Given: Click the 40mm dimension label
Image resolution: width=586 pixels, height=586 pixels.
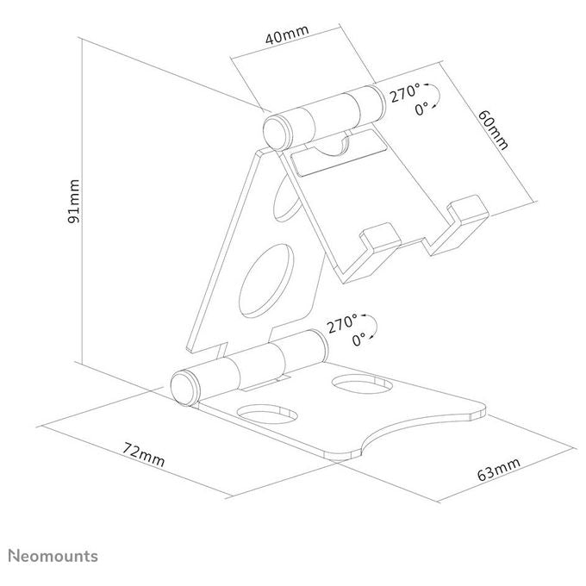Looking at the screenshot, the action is pyautogui.click(x=287, y=35).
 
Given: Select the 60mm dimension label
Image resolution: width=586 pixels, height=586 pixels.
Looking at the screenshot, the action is pyautogui.click(x=493, y=129).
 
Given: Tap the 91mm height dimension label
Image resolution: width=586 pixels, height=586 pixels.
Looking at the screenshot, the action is pyautogui.click(x=73, y=201).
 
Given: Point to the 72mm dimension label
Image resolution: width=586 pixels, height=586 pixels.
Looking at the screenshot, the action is pyautogui.click(x=144, y=454).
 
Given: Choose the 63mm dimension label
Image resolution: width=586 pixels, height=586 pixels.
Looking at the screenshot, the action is pyautogui.click(x=499, y=469).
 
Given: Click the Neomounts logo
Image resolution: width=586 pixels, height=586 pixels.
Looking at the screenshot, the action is pyautogui.click(x=53, y=556).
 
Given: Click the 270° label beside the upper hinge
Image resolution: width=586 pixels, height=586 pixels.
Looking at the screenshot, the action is pyautogui.click(x=405, y=93).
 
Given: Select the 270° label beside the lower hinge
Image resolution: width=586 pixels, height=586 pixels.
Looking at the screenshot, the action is pyautogui.click(x=342, y=323).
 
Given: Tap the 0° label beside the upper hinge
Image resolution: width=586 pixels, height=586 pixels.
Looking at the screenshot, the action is pyautogui.click(x=421, y=109).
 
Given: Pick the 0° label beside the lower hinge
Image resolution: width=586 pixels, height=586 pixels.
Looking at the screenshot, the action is pyautogui.click(x=358, y=340).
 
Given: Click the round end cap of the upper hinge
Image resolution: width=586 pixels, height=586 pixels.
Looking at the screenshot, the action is pyautogui.click(x=277, y=133).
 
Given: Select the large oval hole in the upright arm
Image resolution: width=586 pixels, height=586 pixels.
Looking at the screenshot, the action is pyautogui.click(x=266, y=280).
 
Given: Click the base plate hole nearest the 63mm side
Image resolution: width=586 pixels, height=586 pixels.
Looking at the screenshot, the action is pyautogui.click(x=362, y=384).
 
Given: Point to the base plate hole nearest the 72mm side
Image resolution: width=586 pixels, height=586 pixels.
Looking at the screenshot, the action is pyautogui.click(x=268, y=414).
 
